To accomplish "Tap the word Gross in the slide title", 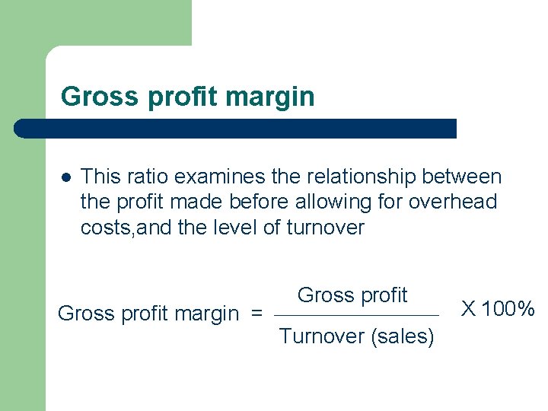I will (89, 97).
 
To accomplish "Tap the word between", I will (465, 177).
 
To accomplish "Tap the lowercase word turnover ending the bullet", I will (325, 228).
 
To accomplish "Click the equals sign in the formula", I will (257, 314).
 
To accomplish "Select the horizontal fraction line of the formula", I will (356, 316).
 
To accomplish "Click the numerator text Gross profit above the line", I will (352, 295).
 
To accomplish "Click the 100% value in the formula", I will (509, 309).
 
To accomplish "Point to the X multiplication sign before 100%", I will (470, 309).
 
